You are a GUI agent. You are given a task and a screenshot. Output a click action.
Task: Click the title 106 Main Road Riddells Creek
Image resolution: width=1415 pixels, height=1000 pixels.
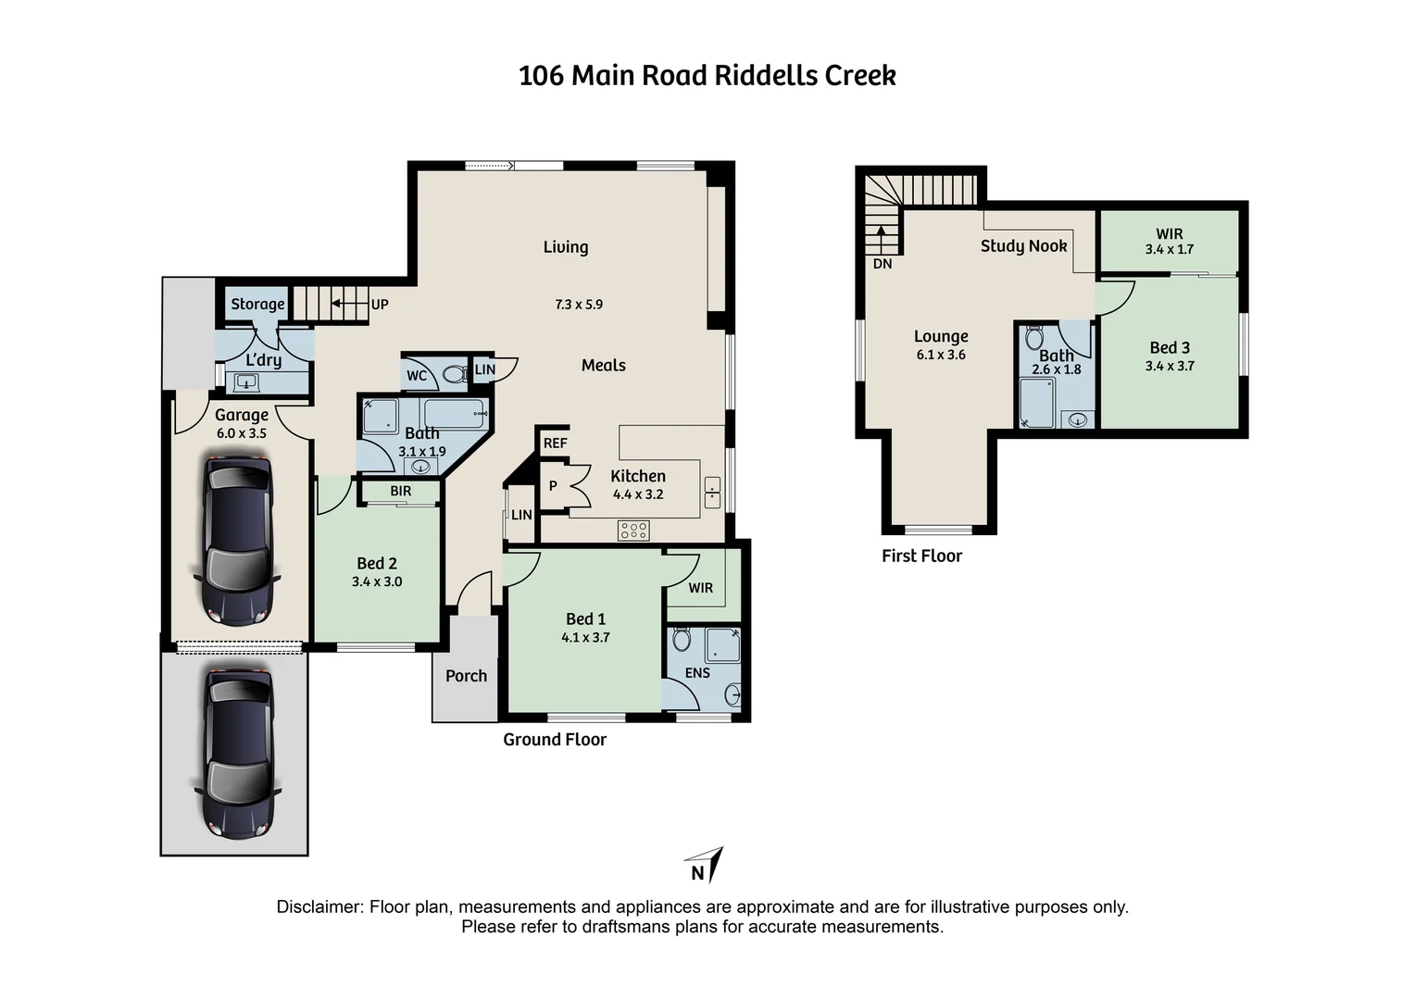coord(707,75)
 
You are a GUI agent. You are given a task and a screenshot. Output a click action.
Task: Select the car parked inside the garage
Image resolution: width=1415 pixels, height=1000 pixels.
coord(237,539)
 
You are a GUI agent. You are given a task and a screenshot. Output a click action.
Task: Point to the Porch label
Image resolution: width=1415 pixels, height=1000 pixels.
coord(466,676)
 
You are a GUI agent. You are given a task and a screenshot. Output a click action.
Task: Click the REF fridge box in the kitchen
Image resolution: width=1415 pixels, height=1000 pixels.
coord(555,444)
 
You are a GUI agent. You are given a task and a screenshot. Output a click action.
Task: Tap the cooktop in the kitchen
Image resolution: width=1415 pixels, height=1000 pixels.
coord(634,531)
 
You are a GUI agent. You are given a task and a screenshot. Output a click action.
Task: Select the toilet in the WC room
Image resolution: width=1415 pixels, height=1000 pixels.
coord(454,375)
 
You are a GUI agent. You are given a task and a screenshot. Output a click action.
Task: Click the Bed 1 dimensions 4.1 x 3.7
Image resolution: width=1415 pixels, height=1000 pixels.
coord(585,637)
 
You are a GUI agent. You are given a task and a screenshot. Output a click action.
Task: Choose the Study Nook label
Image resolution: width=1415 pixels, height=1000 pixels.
coord(1023,245)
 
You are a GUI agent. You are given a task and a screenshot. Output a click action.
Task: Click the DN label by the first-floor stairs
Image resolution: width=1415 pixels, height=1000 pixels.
coord(883,264)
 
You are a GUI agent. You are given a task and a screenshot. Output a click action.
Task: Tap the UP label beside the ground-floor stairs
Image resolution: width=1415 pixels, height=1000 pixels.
coord(380,304)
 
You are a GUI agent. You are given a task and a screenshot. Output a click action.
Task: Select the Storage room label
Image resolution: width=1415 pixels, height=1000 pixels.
coord(257,304)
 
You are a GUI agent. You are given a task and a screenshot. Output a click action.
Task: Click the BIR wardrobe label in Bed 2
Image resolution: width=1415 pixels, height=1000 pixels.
coord(400,491)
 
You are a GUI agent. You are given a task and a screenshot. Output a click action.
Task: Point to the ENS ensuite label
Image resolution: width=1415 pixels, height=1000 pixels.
coord(697,673)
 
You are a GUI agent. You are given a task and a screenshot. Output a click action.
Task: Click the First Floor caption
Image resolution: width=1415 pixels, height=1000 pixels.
coord(921,556)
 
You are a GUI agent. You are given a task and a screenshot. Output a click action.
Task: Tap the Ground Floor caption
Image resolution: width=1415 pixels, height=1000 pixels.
coord(555,739)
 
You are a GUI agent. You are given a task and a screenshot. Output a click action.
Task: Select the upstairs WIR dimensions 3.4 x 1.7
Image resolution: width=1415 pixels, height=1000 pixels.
coord(1169,250)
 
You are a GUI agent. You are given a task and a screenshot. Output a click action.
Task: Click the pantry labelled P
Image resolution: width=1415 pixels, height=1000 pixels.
coord(553,486)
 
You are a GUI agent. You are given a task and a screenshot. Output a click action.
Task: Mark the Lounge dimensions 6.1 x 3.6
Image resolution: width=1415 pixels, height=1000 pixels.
coord(941,355)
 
